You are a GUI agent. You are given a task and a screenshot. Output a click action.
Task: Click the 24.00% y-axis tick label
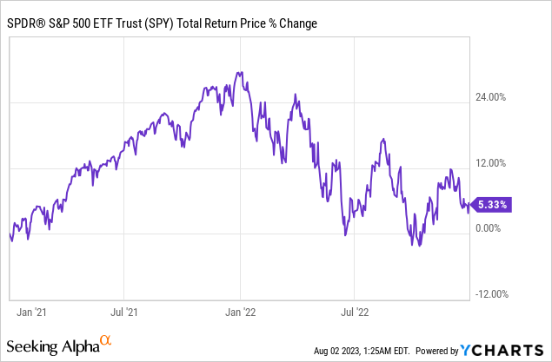[493, 97]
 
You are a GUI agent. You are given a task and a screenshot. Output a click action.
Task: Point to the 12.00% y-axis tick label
[493, 162]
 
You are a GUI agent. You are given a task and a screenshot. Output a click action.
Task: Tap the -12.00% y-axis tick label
[491, 293]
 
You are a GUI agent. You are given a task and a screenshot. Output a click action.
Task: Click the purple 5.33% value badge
[492, 206]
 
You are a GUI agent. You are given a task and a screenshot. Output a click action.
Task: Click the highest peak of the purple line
[239, 72]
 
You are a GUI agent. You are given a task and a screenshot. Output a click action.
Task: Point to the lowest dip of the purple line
[420, 246]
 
